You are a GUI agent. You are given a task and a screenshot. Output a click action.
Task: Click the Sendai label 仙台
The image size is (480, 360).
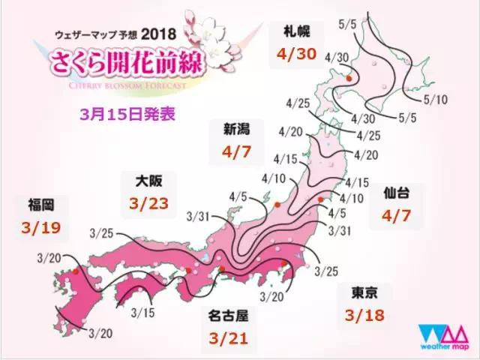tap(398, 193)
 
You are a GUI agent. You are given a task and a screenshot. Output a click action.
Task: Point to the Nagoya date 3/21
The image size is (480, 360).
tap(231, 337)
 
